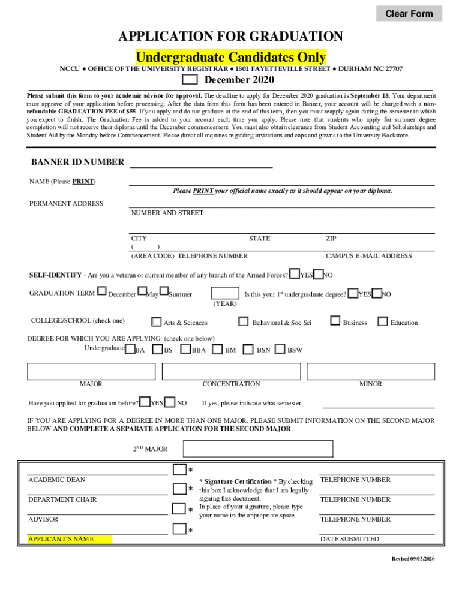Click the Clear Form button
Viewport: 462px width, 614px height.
click(x=409, y=13)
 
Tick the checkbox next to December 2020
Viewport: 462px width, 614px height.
click(x=190, y=80)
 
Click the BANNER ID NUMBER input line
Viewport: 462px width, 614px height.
click(x=201, y=163)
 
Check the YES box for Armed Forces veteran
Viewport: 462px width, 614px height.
click(x=295, y=274)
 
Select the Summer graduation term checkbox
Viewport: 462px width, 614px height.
click(x=163, y=291)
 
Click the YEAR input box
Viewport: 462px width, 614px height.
click(x=224, y=293)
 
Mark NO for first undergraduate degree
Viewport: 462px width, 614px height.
click(x=377, y=293)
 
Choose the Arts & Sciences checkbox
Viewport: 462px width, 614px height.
click(x=157, y=322)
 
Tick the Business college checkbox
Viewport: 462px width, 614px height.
click(x=335, y=321)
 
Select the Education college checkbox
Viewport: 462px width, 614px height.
click(x=383, y=321)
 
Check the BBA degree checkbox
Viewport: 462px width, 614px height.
click(x=185, y=349)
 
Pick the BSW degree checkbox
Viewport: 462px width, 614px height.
click(x=280, y=349)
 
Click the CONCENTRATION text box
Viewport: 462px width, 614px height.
click(x=231, y=371)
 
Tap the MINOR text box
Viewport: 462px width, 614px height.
click(x=370, y=371)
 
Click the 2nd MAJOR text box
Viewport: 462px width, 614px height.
click(x=258, y=449)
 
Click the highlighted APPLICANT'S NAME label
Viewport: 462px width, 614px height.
click(x=70, y=539)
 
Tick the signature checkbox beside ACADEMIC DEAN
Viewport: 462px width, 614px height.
click(x=179, y=469)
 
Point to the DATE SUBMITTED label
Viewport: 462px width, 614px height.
click(x=349, y=539)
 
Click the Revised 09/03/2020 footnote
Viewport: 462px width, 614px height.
click(x=413, y=559)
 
